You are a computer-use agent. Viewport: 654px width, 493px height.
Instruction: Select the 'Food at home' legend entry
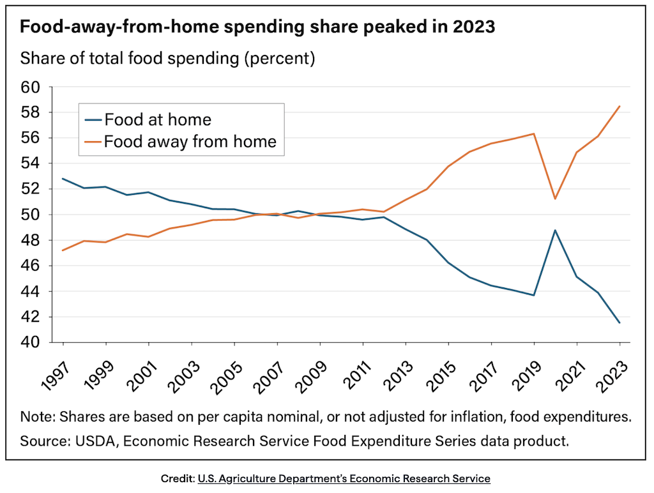tap(157, 119)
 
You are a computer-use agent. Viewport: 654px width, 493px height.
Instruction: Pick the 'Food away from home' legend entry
tap(190, 141)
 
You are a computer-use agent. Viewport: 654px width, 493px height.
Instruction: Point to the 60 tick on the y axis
tap(47, 87)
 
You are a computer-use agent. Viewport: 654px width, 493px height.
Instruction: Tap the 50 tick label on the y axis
tap(47, 215)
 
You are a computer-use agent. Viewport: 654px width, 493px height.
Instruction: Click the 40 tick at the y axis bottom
tap(47, 342)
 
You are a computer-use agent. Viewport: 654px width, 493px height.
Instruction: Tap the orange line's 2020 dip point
tap(555, 199)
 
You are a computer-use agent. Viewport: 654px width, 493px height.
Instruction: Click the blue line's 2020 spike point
tap(555, 230)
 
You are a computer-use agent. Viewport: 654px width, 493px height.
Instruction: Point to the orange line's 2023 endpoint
tap(620, 106)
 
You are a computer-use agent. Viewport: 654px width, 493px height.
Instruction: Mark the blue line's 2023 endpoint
tap(620, 322)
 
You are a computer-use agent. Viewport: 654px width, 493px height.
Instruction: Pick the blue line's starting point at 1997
tap(63, 179)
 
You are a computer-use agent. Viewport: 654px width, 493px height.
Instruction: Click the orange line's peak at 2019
tap(534, 134)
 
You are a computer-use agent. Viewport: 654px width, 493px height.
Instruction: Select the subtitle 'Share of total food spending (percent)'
tap(168, 59)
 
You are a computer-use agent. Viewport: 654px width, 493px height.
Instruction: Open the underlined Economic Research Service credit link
tap(344, 478)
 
